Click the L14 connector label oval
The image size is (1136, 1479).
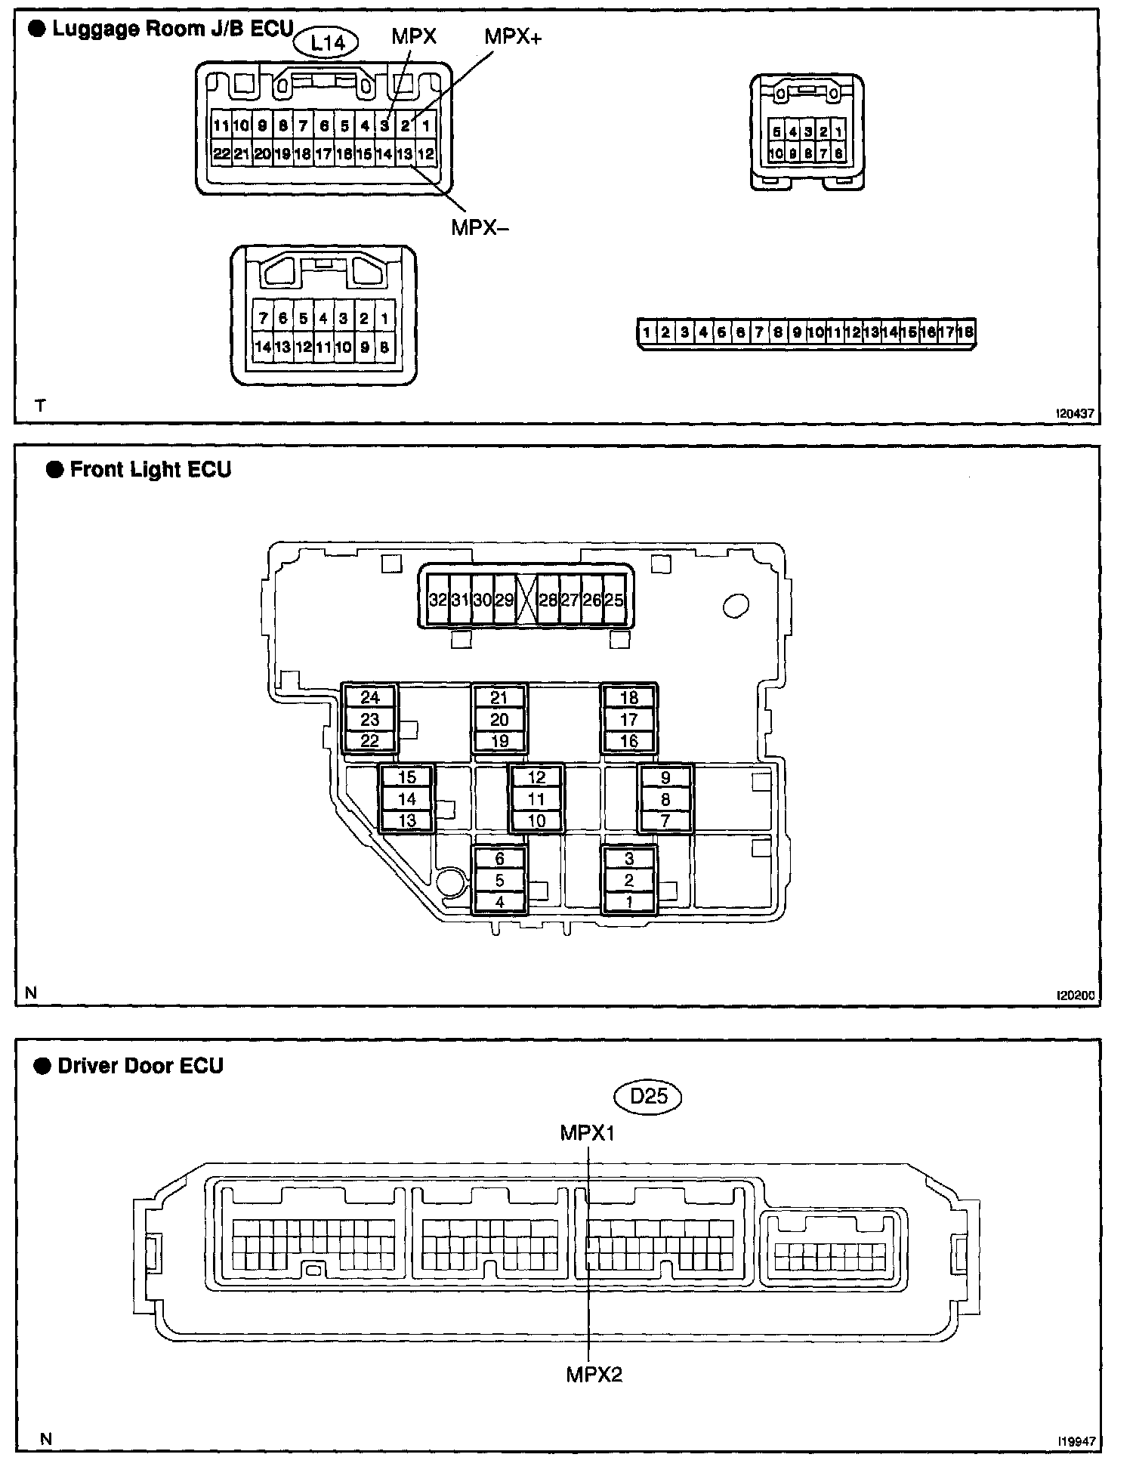(x=329, y=44)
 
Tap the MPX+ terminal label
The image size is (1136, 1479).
(x=513, y=36)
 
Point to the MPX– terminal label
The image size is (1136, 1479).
(x=480, y=227)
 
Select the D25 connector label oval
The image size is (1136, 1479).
(x=649, y=1096)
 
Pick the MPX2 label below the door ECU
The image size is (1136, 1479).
(x=594, y=1375)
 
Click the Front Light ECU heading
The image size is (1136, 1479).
(x=150, y=470)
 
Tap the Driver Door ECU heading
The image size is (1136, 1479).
(x=140, y=1066)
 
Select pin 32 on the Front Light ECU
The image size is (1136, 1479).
(x=438, y=601)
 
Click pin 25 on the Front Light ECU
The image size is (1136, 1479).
(x=614, y=601)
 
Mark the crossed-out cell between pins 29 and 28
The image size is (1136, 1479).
(x=526, y=601)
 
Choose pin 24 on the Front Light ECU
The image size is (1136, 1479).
(x=370, y=697)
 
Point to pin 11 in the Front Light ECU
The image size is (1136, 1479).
(x=536, y=799)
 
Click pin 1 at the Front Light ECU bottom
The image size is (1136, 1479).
(x=629, y=902)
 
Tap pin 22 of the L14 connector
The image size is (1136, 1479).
(x=221, y=154)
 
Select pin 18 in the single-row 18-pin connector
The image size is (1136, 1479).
(x=965, y=332)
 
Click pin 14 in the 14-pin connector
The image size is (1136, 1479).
(x=263, y=347)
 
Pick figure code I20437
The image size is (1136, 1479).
(x=1075, y=415)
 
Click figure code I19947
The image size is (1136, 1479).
(x=1076, y=1441)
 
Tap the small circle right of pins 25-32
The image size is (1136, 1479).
(x=735, y=605)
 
